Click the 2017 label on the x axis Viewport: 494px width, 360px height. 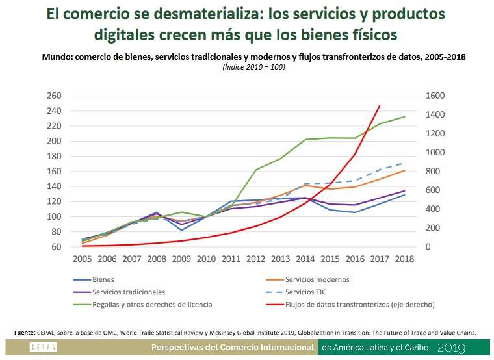(380, 259)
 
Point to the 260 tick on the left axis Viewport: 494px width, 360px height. (54, 96)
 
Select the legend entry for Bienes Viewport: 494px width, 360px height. (104, 279)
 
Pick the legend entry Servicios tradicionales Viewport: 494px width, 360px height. (129, 292)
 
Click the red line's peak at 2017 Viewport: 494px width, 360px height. (380, 105)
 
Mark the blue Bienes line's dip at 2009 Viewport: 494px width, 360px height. (181, 230)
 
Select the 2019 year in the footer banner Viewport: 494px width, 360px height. (451, 348)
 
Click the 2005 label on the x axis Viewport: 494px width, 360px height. (82, 259)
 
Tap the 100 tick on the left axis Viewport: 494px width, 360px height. (54, 216)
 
